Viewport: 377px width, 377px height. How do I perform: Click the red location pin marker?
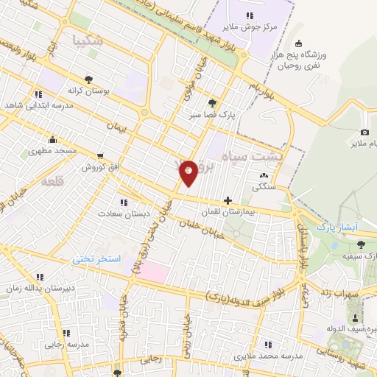(x=189, y=173)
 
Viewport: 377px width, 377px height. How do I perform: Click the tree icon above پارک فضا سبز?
(x=212, y=103)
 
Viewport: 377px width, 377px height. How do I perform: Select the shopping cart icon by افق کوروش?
(x=99, y=156)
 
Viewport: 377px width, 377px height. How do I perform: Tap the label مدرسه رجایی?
(x=56, y=344)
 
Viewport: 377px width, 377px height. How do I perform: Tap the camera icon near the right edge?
(x=365, y=131)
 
